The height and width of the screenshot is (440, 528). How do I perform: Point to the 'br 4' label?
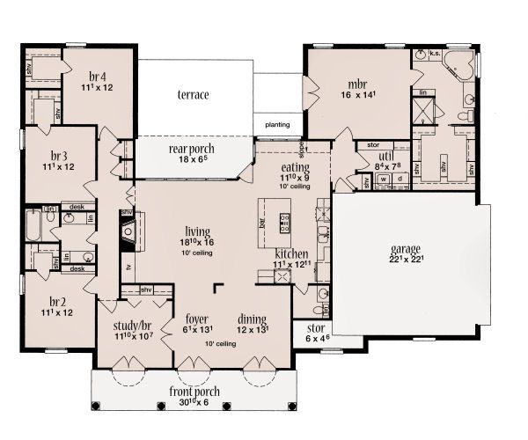pyautogui.click(x=98, y=75)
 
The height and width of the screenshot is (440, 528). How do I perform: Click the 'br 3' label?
pyautogui.click(x=59, y=154)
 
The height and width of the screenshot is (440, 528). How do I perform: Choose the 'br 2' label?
pyautogui.click(x=59, y=298)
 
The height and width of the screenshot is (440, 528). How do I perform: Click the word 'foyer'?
pyautogui.click(x=196, y=319)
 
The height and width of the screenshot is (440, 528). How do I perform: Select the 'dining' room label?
pyautogui.click(x=252, y=319)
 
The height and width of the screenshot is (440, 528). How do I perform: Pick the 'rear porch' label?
pyautogui.click(x=190, y=150)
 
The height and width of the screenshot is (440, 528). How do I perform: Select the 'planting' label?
pyautogui.click(x=278, y=125)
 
